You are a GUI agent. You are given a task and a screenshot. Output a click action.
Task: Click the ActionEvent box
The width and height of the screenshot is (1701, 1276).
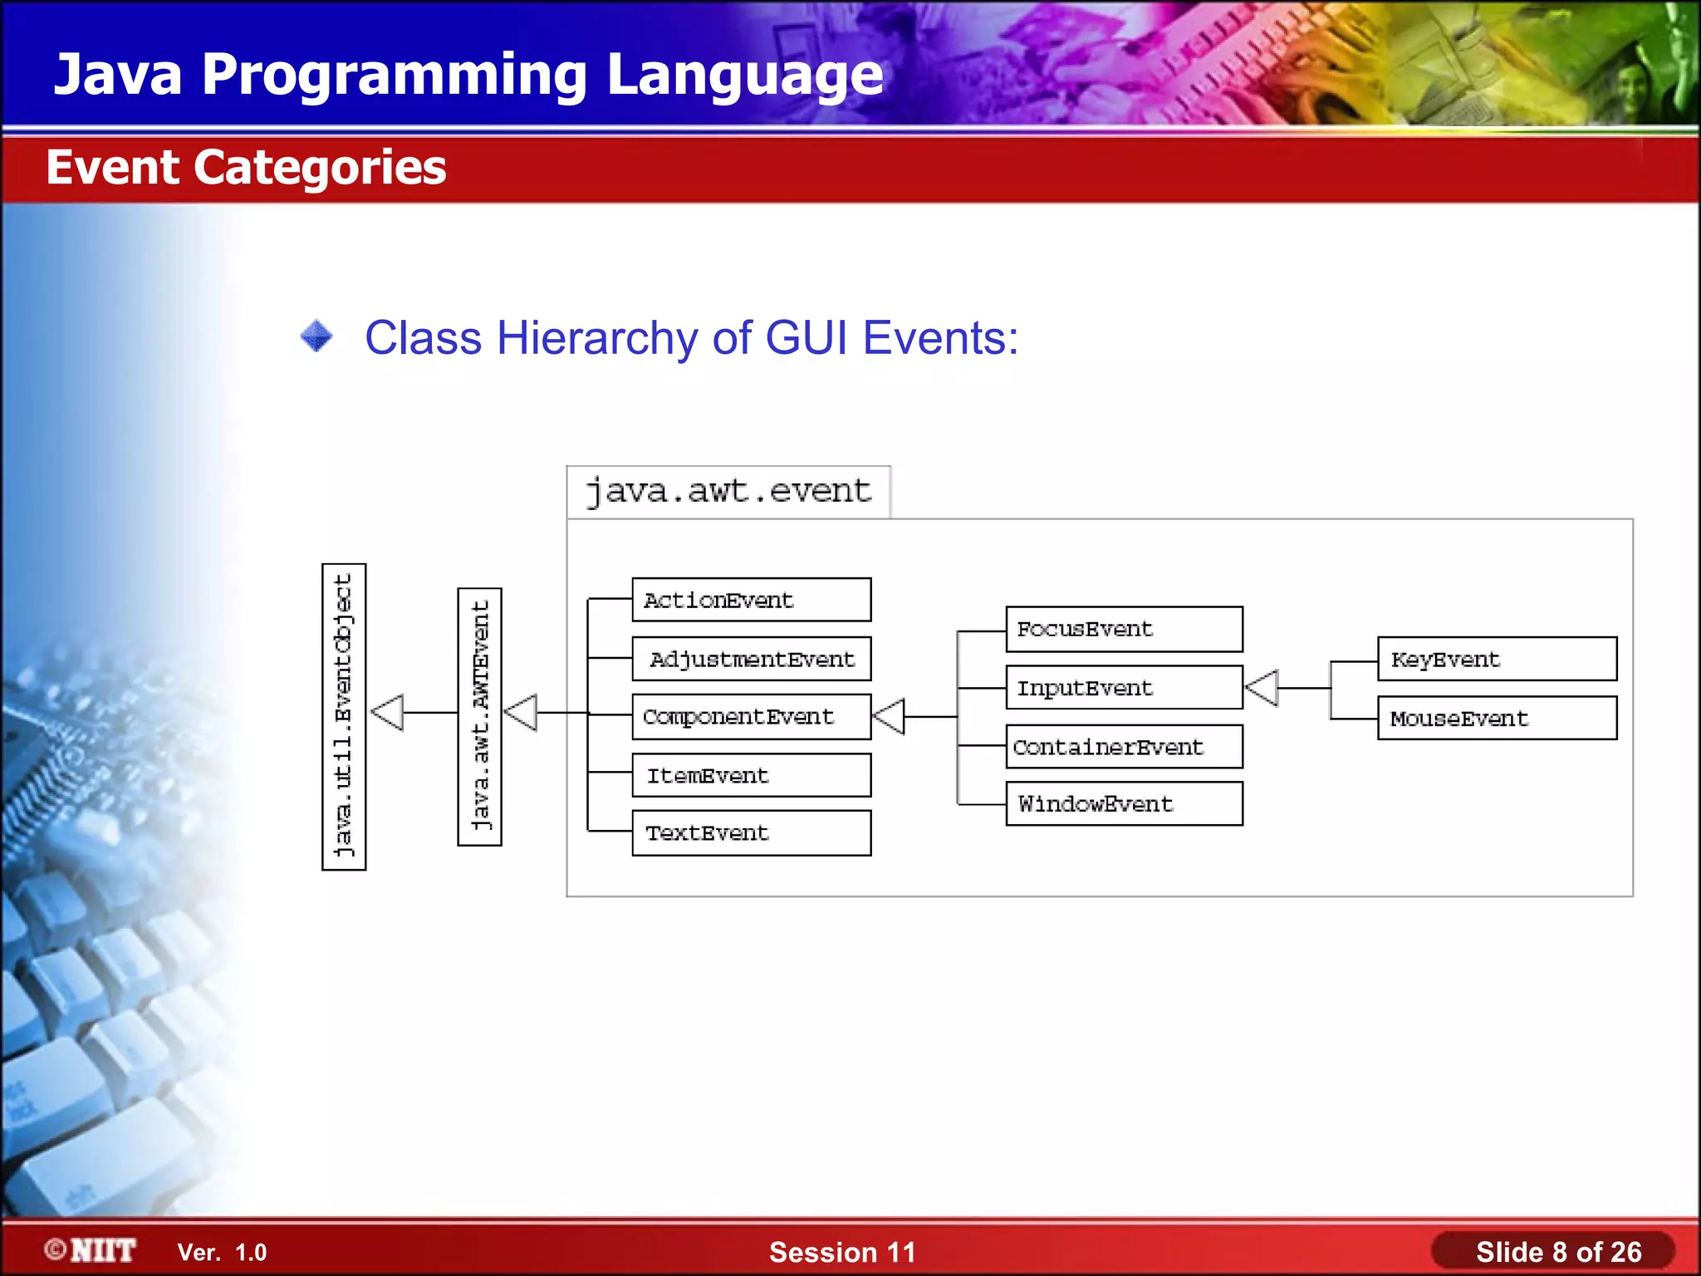point(751,600)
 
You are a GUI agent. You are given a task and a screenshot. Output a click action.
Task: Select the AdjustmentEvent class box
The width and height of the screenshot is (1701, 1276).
point(751,659)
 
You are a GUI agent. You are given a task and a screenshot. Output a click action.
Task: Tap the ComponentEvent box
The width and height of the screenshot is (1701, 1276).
point(751,716)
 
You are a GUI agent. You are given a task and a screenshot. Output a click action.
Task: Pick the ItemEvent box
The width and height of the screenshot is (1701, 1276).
point(751,775)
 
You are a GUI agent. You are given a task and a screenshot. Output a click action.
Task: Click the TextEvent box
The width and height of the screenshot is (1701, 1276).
point(751,832)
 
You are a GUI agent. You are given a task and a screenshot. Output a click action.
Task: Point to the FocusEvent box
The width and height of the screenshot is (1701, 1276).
point(1124,629)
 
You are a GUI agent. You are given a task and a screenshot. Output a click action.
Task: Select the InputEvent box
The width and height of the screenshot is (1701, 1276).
point(1124,687)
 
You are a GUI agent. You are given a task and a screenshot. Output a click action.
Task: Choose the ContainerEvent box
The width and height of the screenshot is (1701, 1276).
point(1124,746)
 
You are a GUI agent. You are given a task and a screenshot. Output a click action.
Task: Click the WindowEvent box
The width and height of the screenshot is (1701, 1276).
point(1124,803)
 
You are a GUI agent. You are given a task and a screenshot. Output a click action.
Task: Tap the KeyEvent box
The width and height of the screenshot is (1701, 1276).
point(1497,659)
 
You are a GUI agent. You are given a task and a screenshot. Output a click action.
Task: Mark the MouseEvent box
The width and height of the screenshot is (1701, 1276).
point(1497,718)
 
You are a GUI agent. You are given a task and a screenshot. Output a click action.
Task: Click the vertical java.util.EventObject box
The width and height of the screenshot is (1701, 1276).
point(344,716)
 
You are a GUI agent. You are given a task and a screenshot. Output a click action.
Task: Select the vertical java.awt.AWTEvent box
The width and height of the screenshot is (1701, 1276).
point(479,716)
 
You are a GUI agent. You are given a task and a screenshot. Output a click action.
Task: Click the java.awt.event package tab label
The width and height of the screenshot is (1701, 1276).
point(728,491)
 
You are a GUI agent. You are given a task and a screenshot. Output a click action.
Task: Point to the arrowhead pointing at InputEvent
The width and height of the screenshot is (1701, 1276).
point(1262,688)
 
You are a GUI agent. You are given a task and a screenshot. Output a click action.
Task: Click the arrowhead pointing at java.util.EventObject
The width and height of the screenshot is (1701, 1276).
point(388,713)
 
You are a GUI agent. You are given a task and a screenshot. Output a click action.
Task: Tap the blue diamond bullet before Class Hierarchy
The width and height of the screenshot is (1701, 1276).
point(316,336)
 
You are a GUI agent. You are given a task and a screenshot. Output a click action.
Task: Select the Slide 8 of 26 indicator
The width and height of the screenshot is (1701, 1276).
point(1557,1251)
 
